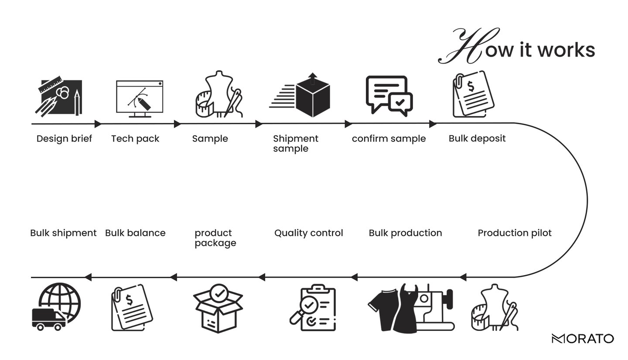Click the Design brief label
[x=64, y=139]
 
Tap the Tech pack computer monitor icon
[x=140, y=98]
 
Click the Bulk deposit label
[x=477, y=139]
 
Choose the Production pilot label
[x=515, y=233]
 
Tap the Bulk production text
[x=405, y=233]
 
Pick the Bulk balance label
[x=135, y=233]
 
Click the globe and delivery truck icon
[x=56, y=307]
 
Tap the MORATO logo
[x=583, y=338]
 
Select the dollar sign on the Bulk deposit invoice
[x=471, y=86]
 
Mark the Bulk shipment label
[x=63, y=233]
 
